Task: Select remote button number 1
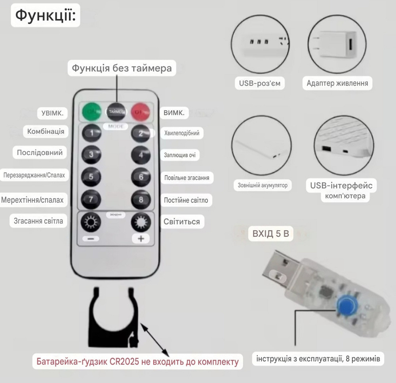pos(91,133)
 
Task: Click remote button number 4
pos(141,154)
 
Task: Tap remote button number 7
pos(91,199)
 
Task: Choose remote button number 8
pos(141,199)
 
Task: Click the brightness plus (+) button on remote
pos(141,239)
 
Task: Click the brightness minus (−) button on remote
pos(91,239)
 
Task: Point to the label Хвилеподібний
pos(182,133)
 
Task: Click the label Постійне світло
pos(186,200)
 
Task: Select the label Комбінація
pos(46,131)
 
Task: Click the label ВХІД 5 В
pos(271,234)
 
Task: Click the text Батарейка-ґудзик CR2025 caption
pos(137,362)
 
